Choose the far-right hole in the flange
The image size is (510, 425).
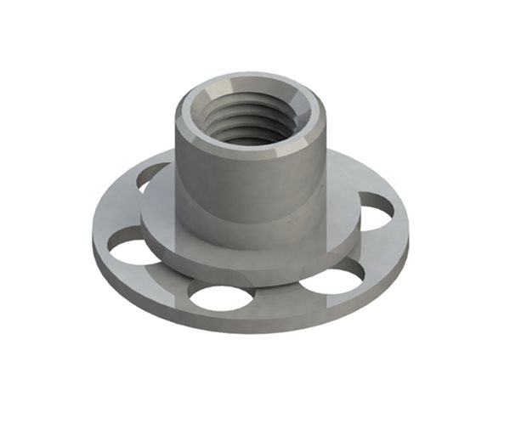click(x=376, y=212)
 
